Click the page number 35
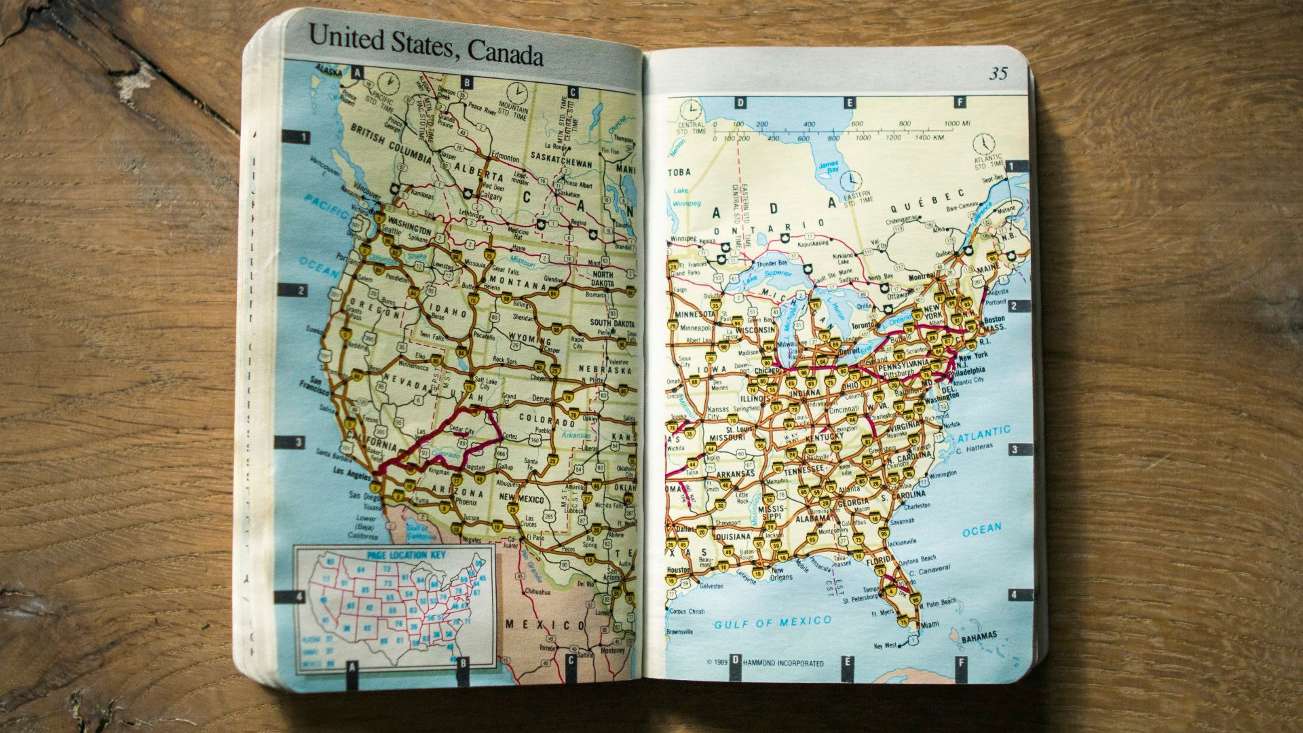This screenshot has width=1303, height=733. coord(998,73)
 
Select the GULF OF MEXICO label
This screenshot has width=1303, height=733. coord(772,622)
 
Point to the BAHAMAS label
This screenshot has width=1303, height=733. coord(979,636)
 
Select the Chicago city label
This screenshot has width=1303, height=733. coord(767,371)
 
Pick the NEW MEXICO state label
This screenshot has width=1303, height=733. coord(522,499)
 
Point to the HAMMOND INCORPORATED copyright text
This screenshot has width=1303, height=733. coord(783,663)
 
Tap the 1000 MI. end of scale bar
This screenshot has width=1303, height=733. coord(958,124)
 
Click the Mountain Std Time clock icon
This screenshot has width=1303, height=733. coord(516,91)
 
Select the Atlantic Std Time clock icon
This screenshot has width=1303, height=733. coord(983,144)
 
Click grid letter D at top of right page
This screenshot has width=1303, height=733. coord(741,103)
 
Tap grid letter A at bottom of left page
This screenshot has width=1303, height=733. coord(352,666)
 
